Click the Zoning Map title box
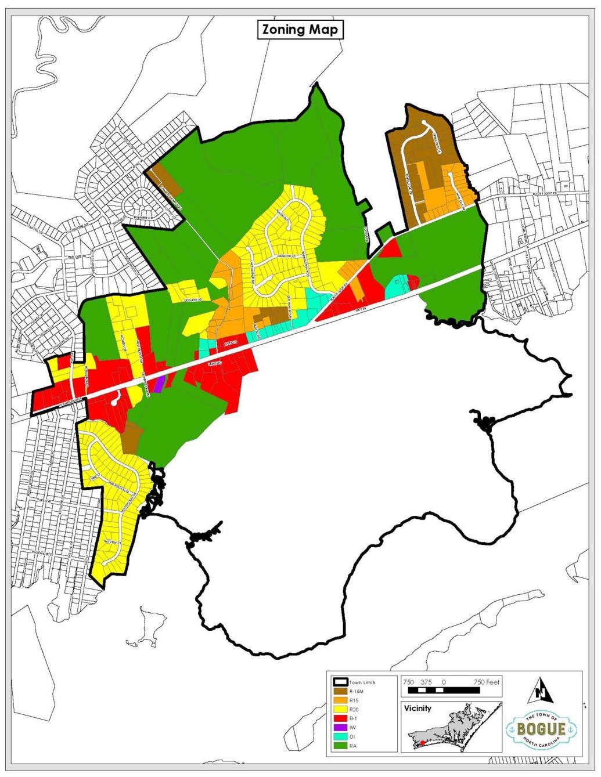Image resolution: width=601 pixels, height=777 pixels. coord(300,30)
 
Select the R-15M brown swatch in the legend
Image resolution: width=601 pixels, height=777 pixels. coord(339,691)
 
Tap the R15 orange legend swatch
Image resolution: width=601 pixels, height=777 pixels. coord(339,700)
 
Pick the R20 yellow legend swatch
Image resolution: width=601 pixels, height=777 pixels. coord(339,709)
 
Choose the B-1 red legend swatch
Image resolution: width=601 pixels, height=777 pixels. coord(339,718)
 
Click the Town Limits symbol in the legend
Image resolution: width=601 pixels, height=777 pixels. coord(339,682)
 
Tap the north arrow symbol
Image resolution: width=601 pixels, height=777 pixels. coord(541,690)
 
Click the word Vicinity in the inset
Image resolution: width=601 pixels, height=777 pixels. coord(419,708)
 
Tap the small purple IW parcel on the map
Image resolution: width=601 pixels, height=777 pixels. coord(159,382)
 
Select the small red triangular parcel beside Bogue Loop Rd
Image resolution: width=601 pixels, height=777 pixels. coord(391,248)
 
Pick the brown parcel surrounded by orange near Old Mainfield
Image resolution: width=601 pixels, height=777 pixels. coord(267,315)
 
